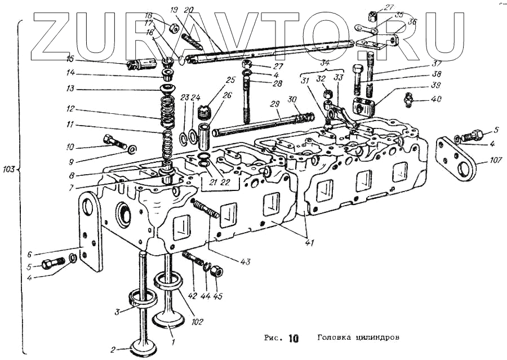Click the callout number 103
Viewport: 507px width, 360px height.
coord(9,167)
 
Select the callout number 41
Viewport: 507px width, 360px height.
coord(310,243)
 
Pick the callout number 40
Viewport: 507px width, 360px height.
coord(437,99)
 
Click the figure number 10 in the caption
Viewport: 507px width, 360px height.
coord(293,339)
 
